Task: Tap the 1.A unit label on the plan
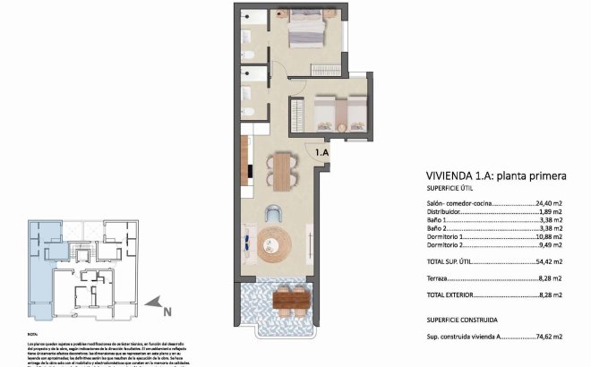tap(322, 153)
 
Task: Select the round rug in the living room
tap(274, 244)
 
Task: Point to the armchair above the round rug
tap(275, 213)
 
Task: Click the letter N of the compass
tap(167, 312)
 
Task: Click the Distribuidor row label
tap(444, 213)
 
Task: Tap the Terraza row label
tap(440, 278)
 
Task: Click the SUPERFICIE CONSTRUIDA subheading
tap(462, 319)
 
